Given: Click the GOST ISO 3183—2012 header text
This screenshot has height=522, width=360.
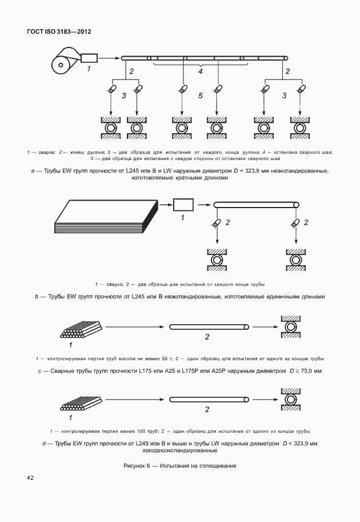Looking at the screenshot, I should pyautogui.click(x=59, y=31).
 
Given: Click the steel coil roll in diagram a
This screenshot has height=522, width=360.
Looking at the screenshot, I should pyautogui.click(x=62, y=63).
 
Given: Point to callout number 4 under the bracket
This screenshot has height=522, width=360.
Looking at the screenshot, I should pyautogui.click(x=200, y=72).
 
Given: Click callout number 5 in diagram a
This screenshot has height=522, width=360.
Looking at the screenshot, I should pyautogui.click(x=200, y=95).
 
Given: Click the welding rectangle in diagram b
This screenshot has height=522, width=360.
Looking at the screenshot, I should pyautogui.click(x=183, y=204).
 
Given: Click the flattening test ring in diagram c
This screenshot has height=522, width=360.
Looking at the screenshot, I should pyautogui.click(x=291, y=328).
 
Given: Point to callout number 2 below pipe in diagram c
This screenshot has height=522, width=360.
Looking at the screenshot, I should pyautogui.click(x=207, y=337).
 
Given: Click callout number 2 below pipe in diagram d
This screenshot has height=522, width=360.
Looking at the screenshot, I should pyautogui.click(x=207, y=409).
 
